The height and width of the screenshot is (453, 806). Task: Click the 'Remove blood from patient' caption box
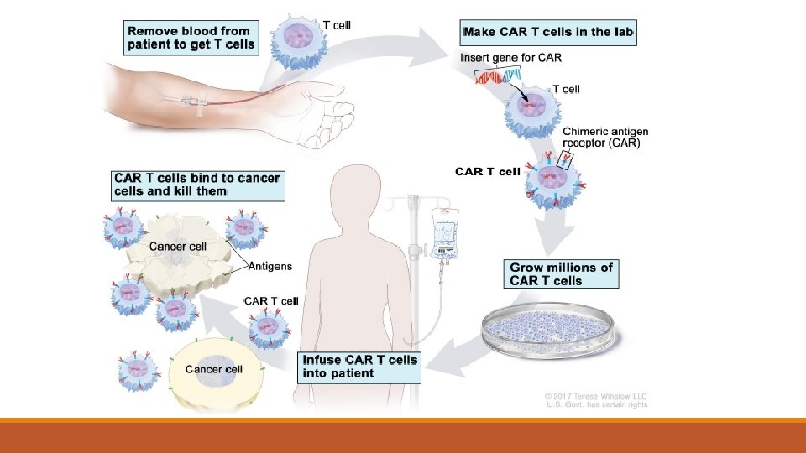tap(190, 38)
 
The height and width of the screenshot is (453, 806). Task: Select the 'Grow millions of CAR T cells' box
tap(562, 273)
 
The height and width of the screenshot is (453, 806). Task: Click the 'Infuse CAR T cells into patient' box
tap(359, 366)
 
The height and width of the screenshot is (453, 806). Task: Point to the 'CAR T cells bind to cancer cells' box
tap(197, 185)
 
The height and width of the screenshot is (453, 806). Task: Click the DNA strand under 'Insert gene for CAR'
tap(499, 76)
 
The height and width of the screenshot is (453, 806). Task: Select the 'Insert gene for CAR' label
tap(510, 58)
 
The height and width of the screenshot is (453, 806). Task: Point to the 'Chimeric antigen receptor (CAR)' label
tap(604, 137)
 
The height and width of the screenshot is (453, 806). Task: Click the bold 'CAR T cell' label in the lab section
tap(488, 172)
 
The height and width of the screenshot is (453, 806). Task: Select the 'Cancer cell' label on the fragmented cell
tap(177, 247)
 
